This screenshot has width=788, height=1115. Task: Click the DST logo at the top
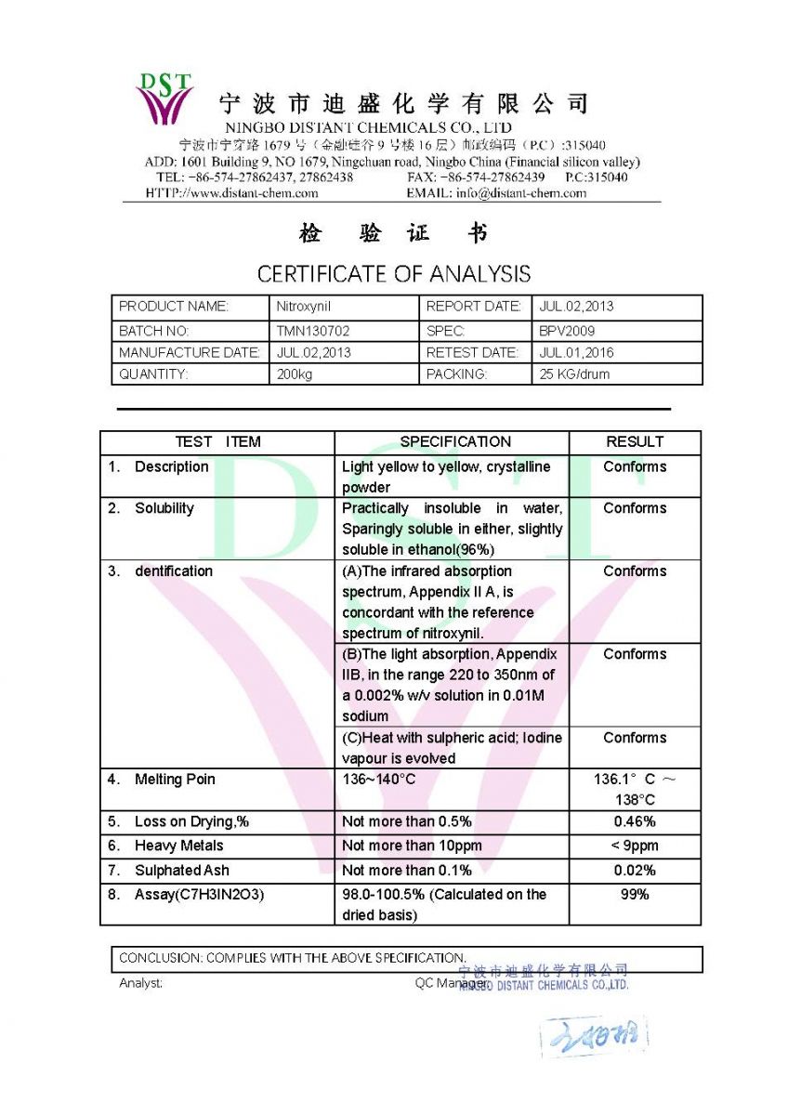pyautogui.click(x=165, y=98)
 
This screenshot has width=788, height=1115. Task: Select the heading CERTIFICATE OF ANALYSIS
pyautogui.click(x=394, y=274)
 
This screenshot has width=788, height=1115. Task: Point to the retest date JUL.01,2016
pyautogui.click(x=576, y=353)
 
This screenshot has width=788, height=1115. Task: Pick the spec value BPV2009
pyautogui.click(x=567, y=331)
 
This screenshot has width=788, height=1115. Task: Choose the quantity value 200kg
pyautogui.click(x=295, y=374)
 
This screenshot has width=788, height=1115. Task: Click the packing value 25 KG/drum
pyautogui.click(x=574, y=374)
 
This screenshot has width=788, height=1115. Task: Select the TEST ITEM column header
pyautogui.click(x=217, y=442)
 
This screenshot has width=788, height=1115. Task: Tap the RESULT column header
pyautogui.click(x=635, y=442)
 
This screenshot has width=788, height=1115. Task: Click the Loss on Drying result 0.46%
pyautogui.click(x=635, y=821)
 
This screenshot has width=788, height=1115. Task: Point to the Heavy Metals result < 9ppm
pyautogui.click(x=635, y=846)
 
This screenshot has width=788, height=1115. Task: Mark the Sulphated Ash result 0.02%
pyautogui.click(x=635, y=871)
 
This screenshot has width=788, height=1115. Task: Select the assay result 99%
pyautogui.click(x=635, y=894)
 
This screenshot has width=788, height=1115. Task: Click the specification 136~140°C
pyautogui.click(x=379, y=779)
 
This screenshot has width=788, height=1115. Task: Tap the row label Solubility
pyautogui.click(x=164, y=508)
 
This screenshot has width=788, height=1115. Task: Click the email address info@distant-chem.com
pyautogui.click(x=520, y=193)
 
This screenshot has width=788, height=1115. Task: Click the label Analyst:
pyautogui.click(x=141, y=983)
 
